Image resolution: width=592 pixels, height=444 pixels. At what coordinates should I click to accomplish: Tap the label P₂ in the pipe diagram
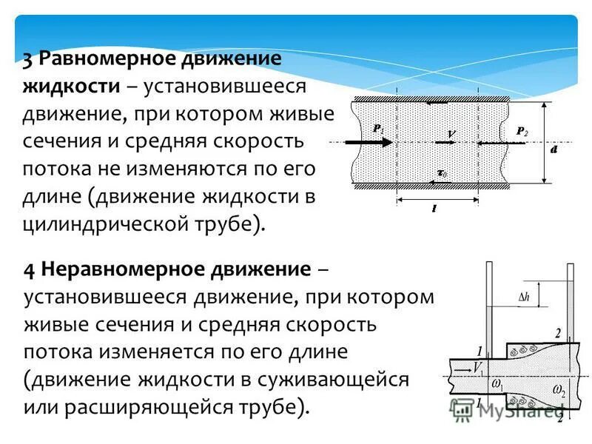coord(522,131)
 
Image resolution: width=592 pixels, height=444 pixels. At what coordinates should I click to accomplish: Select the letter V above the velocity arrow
coord(451,133)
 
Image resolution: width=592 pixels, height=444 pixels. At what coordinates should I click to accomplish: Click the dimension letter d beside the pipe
coord(554,149)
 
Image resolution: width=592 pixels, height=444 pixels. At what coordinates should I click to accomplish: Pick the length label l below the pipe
coord(434,209)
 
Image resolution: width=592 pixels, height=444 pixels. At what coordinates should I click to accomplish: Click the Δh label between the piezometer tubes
coord(523,297)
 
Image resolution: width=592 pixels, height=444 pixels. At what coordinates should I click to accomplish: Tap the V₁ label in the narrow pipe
coord(479,366)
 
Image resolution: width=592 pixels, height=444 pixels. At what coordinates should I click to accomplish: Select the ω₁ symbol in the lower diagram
coord(497,384)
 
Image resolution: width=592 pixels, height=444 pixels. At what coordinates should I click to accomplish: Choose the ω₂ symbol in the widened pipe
coord(559,390)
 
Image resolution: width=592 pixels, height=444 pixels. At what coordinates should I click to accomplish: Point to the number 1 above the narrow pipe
coord(480,351)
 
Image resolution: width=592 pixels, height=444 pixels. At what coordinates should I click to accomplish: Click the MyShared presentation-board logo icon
coord(463,410)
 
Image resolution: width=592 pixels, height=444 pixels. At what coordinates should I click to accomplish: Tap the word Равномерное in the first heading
coord(104,58)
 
